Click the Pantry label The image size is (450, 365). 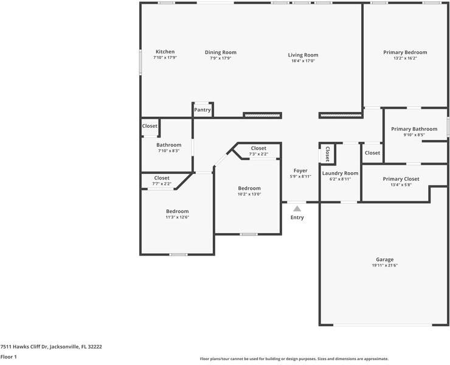point(202,109)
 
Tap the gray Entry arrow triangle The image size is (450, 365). point(297,209)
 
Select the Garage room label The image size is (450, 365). point(384,260)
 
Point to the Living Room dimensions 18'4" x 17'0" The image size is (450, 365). point(303,61)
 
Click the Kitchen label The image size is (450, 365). point(165,52)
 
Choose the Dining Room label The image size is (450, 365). point(220,52)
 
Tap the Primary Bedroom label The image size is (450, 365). point(405,52)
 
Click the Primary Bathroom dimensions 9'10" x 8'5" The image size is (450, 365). point(414,134)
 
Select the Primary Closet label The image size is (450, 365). point(401,179)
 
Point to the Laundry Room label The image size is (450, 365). point(340,173)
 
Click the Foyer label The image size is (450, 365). point(300,170)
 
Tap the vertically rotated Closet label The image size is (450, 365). point(327,154)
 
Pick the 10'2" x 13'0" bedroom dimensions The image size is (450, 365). point(249,194)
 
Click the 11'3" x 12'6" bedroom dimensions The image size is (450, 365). point(177,217)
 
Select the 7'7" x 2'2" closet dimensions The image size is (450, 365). point(162,184)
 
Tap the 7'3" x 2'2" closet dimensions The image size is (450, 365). point(258,154)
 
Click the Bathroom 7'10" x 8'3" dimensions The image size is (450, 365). point(169,150)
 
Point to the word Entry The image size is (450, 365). point(297,217)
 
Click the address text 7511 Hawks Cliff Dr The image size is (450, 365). point(24,347)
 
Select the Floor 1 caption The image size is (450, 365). point(9,356)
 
